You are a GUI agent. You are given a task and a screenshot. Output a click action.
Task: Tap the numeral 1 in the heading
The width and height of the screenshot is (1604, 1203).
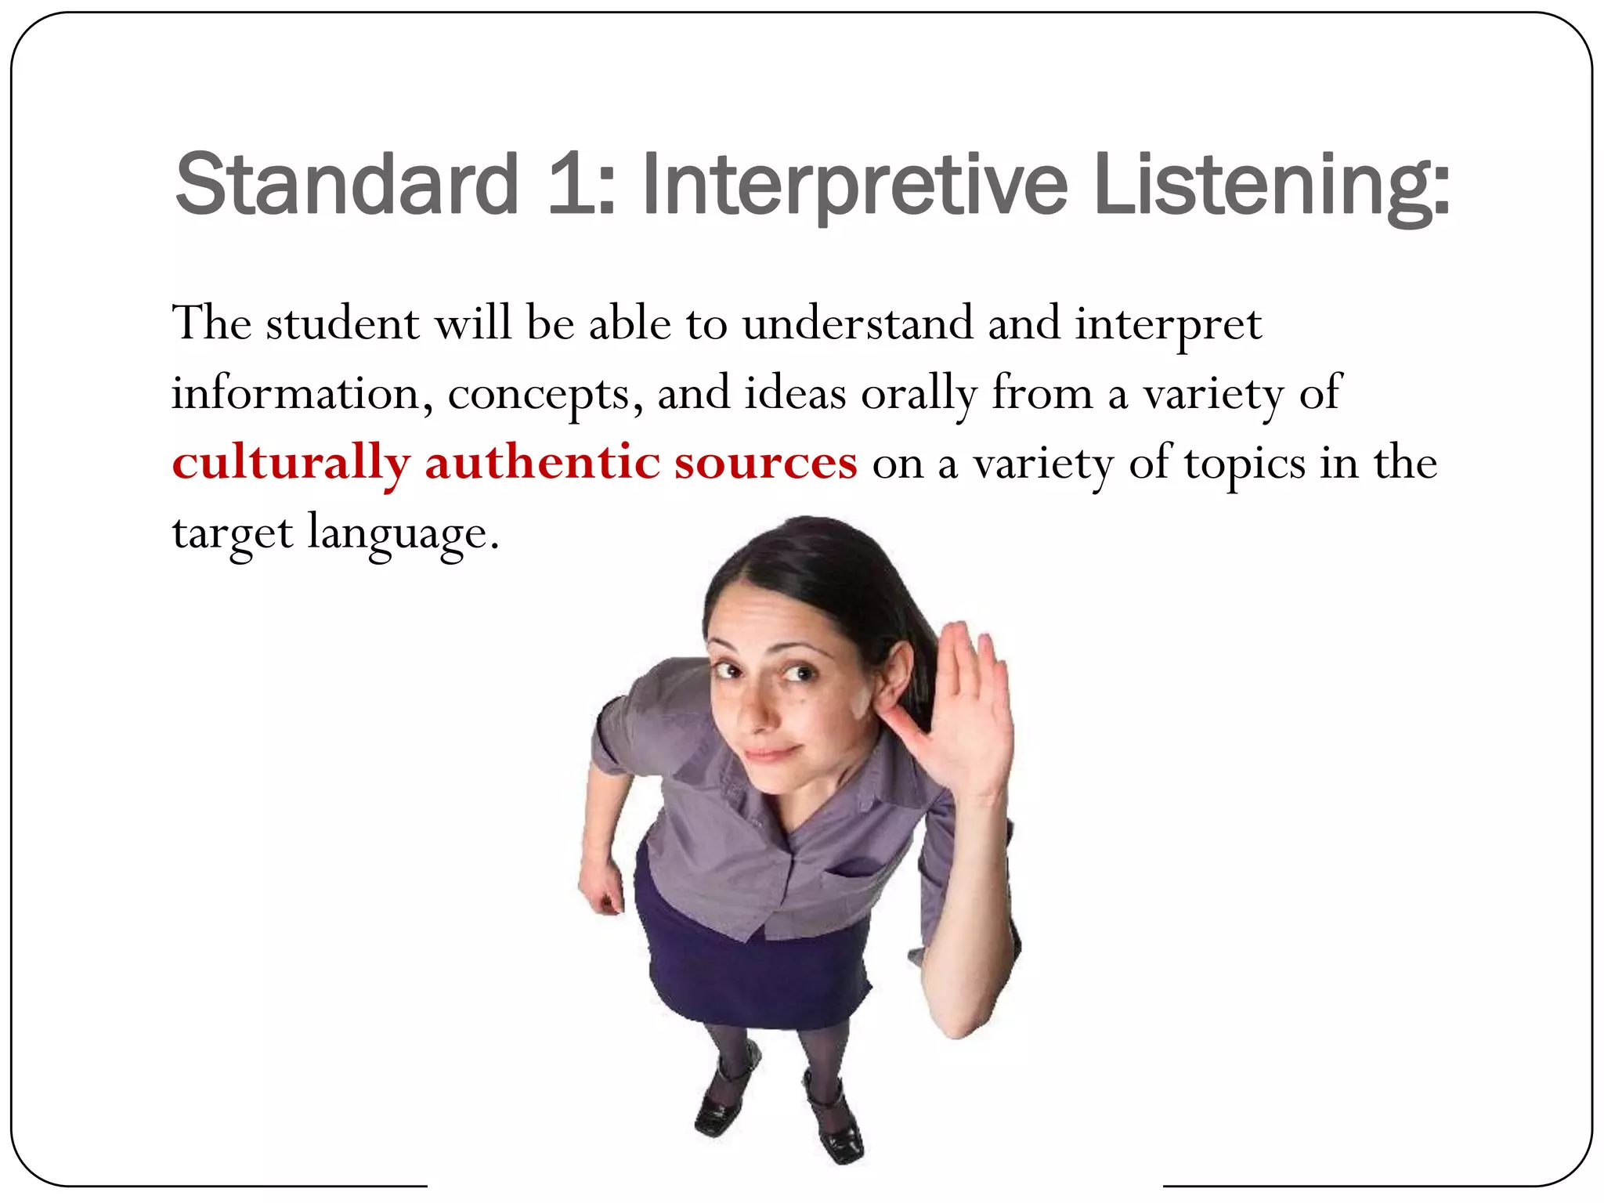570,185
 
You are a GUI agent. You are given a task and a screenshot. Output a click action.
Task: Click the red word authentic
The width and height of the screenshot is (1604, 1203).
542,462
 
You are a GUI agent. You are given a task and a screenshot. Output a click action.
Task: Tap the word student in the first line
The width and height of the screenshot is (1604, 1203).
342,323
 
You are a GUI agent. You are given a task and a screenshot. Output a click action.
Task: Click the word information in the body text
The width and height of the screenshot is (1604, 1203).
297,392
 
